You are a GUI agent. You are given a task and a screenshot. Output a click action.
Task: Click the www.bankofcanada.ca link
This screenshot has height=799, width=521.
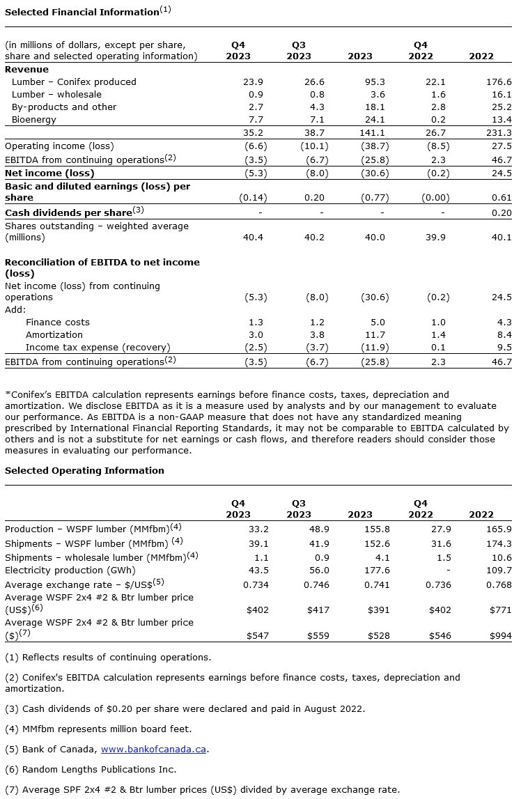(x=154, y=750)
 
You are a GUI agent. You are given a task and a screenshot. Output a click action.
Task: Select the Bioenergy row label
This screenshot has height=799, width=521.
(x=34, y=120)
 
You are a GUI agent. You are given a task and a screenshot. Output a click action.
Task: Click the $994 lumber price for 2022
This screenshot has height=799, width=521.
(x=499, y=636)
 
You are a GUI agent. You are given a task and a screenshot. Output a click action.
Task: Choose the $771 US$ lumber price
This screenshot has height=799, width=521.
(x=499, y=609)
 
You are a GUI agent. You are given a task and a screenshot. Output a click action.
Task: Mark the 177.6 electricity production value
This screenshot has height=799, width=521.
(x=376, y=571)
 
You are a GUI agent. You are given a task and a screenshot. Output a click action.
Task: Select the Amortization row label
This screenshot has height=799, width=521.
(x=54, y=335)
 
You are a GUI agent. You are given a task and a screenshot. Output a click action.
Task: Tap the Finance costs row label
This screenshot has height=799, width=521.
(x=58, y=323)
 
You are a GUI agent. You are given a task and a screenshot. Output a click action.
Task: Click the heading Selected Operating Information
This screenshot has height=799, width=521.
(x=84, y=471)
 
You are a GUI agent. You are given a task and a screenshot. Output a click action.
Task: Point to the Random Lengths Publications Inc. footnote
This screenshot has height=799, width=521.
(x=91, y=770)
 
